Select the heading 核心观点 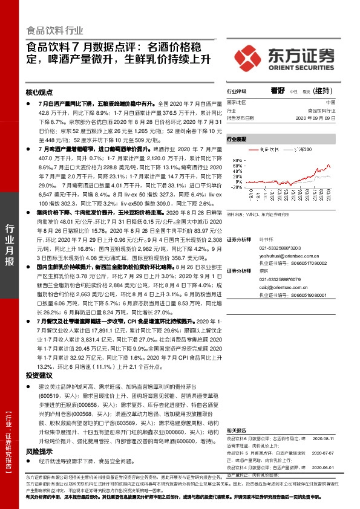(x=39, y=93)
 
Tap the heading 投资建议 (x=39, y=375)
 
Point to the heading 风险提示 (x=39, y=451)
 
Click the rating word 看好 (x=278, y=90)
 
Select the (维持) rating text (x=324, y=91)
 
